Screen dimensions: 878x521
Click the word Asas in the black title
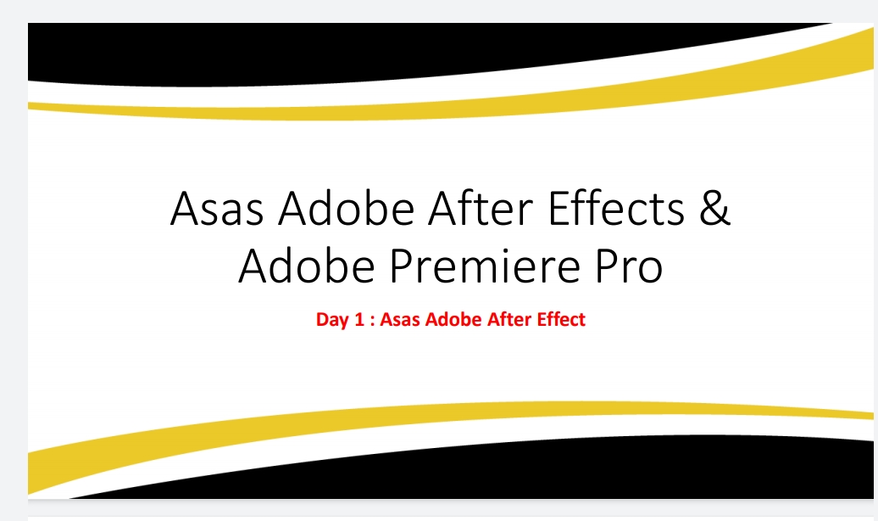pos(217,208)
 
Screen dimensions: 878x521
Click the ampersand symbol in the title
pos(714,208)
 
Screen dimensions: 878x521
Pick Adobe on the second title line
pos(306,265)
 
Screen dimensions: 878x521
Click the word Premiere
pos(485,266)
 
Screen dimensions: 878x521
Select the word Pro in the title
pos(629,266)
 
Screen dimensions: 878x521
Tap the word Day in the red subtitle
pos(332,320)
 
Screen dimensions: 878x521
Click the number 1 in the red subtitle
pos(359,319)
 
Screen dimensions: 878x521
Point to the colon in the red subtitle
pos(372,321)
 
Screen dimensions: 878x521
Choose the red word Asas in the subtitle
pos(400,319)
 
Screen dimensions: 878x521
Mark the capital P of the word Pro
pos(606,266)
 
